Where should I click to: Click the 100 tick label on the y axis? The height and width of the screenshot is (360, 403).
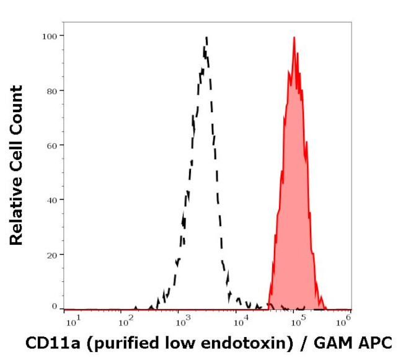(50, 36)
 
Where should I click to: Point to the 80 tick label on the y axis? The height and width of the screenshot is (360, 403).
(52, 90)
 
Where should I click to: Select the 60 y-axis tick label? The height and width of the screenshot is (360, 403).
(52, 145)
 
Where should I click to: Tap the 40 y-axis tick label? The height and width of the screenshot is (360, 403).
(52, 200)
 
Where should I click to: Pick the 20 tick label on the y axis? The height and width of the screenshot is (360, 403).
(52, 254)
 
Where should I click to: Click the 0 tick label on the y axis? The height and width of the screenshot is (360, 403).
(55, 306)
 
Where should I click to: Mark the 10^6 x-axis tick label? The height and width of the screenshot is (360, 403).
(345, 319)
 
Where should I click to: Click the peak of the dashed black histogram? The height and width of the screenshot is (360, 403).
(206, 38)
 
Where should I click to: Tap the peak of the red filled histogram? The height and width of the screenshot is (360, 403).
(294, 38)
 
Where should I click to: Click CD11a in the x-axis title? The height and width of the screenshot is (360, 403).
(46, 343)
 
